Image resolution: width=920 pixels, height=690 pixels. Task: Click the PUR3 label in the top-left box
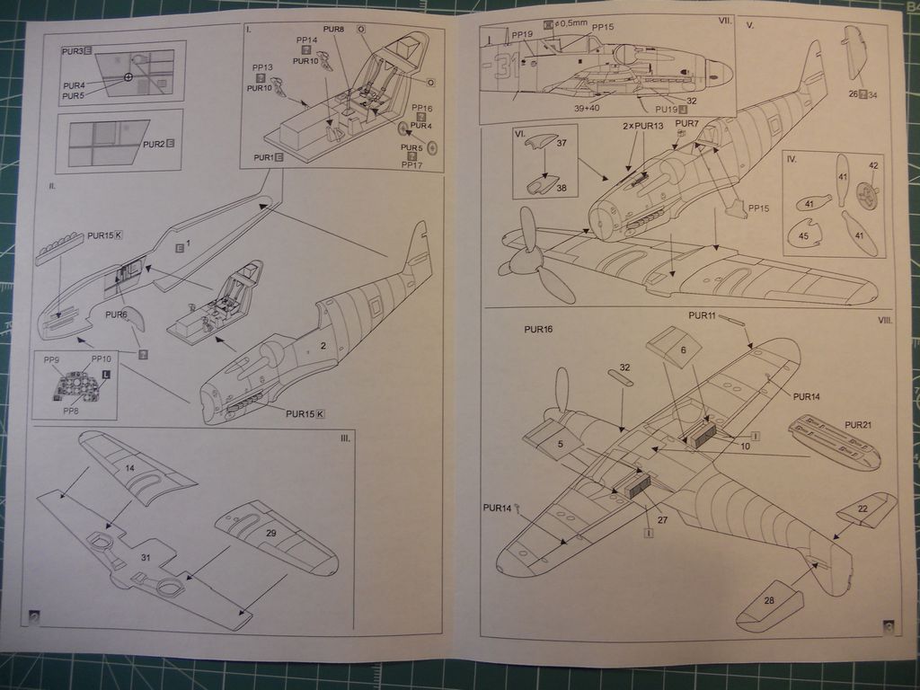73,51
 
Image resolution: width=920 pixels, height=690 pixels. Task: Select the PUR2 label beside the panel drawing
154,144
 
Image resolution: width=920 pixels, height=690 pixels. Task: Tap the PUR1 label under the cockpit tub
263,157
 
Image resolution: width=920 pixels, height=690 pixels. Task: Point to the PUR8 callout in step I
333,30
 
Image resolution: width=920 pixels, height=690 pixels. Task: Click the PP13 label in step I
262,67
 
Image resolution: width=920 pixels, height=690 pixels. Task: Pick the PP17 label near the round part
412,164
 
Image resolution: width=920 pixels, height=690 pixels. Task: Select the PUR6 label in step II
116,314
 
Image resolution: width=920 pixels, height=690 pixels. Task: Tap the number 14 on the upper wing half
129,468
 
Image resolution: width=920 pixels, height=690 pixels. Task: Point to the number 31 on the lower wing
146,557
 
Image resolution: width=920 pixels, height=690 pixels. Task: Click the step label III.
345,438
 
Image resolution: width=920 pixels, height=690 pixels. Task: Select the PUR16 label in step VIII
538,330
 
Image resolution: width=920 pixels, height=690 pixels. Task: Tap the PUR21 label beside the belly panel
858,424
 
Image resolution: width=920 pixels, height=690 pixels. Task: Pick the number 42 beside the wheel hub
873,165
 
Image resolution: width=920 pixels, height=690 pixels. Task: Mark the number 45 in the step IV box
803,236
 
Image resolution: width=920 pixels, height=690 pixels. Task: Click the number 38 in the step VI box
561,189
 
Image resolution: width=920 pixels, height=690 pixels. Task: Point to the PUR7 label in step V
686,123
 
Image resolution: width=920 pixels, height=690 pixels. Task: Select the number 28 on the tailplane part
769,600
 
